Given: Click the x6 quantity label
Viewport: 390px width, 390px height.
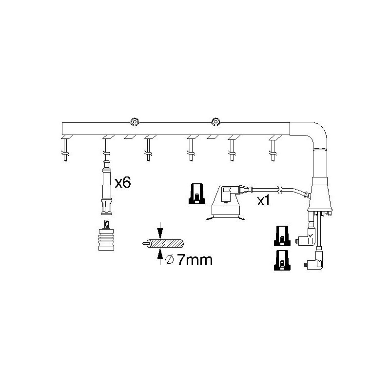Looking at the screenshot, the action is point(123,183).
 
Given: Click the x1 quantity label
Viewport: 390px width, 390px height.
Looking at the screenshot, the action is point(263,200).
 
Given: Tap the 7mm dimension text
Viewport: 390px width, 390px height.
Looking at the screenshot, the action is point(195,260).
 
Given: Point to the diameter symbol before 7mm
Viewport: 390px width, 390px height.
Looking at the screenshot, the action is point(169,260).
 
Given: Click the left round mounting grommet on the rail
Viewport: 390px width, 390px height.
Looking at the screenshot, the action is point(135,122).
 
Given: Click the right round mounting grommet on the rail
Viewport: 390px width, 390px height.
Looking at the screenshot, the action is point(215,121).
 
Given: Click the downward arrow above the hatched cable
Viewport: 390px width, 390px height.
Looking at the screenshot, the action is point(160,231).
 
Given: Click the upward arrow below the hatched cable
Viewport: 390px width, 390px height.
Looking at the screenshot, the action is point(160,256).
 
